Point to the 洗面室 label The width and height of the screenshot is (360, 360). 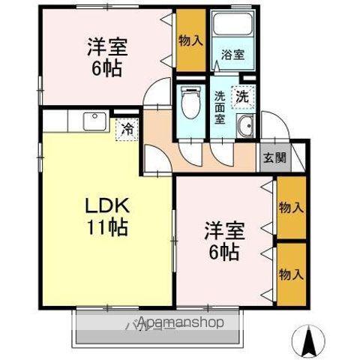click(220, 106)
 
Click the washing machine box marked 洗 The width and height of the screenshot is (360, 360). click(241, 96)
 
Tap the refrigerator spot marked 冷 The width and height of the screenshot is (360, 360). click(127, 129)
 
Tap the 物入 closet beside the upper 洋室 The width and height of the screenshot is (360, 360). click(190, 40)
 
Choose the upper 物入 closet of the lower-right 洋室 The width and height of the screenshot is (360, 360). click(291, 206)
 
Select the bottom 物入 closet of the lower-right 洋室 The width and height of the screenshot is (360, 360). click(291, 273)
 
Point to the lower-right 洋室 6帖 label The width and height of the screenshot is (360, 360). click(223, 241)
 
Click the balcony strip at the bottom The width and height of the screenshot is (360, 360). click(157, 324)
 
